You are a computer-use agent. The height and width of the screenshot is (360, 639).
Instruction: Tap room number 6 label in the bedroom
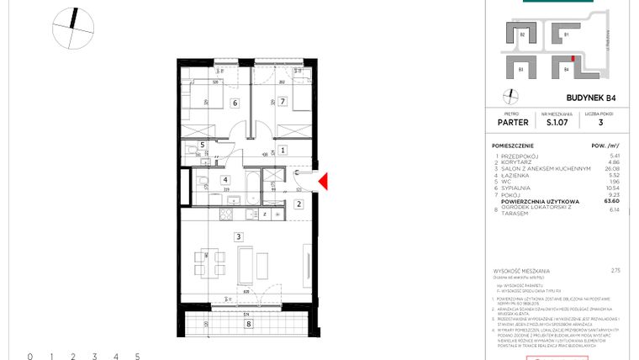coord(235,103)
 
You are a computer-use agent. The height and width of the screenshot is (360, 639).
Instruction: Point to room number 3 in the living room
coord(238,238)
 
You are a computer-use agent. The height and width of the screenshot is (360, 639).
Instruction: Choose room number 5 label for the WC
coord(202,145)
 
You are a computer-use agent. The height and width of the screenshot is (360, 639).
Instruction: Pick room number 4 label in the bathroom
coord(224,179)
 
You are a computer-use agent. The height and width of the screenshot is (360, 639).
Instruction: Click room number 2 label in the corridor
coord(298,204)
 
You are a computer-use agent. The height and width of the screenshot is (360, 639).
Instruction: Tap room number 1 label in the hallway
coord(283,151)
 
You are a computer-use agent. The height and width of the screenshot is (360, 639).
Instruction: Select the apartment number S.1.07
coord(556,121)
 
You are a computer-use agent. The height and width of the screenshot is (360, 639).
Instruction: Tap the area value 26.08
coord(611,168)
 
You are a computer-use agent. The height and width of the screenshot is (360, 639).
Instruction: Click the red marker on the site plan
coord(574,59)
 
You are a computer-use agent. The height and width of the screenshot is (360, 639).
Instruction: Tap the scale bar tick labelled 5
coord(136,357)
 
